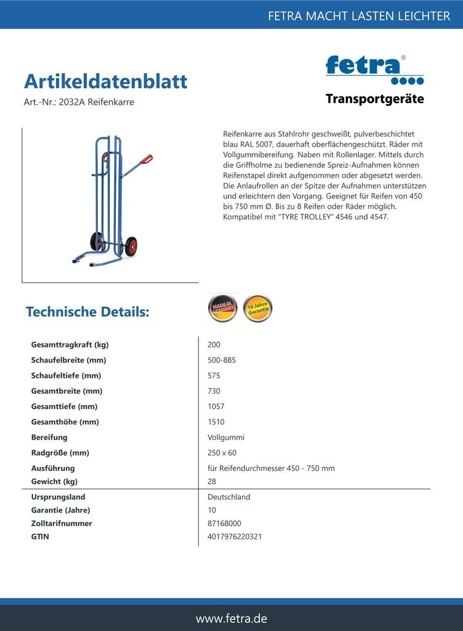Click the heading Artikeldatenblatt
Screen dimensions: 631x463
105,81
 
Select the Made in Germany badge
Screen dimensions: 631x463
222,308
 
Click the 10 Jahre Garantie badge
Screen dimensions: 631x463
257,308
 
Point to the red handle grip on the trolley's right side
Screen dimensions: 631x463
146,160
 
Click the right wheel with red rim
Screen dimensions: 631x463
131,246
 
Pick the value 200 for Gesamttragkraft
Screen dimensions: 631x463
214,344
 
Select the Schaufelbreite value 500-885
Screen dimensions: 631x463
222,360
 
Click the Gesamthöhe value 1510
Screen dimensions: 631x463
216,422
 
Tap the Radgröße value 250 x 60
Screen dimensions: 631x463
222,453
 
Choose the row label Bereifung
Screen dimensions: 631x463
49,438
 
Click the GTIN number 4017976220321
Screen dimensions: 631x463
235,537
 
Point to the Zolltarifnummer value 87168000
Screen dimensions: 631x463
225,523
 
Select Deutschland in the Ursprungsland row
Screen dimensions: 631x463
229,497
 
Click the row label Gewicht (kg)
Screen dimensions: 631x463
54,481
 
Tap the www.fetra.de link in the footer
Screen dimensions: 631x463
231,618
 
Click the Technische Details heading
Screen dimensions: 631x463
87,312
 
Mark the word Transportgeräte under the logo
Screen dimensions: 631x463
374,99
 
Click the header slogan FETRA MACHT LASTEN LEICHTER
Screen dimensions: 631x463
359,16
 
